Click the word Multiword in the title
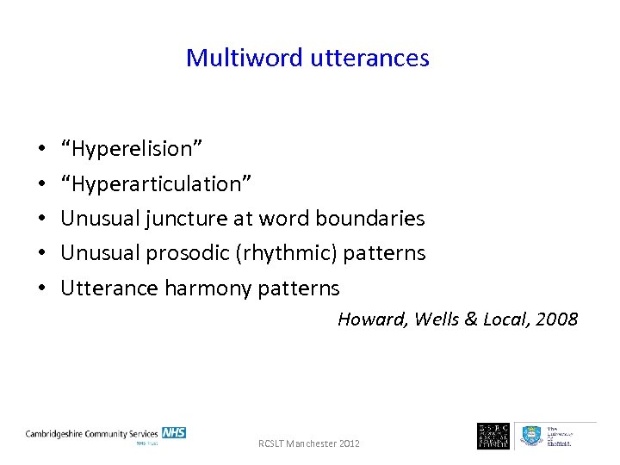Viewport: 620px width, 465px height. pyautogui.click(x=228, y=58)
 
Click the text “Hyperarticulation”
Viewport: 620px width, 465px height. pyautogui.click(x=156, y=183)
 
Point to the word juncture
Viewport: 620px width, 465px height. pyautogui.click(x=187, y=219)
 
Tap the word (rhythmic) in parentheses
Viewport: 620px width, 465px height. pyautogui.click(x=277, y=253)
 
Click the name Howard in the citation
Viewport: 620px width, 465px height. pyautogui.click(x=372, y=319)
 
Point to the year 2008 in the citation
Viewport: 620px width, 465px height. pyautogui.click(x=556, y=319)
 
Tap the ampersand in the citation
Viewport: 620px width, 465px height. pyautogui.click(x=470, y=319)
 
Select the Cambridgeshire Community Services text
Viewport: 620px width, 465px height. pyautogui.click(x=91, y=433)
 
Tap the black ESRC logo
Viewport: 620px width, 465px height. pyautogui.click(x=493, y=435)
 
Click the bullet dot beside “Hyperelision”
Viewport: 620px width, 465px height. pyautogui.click(x=42, y=149)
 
